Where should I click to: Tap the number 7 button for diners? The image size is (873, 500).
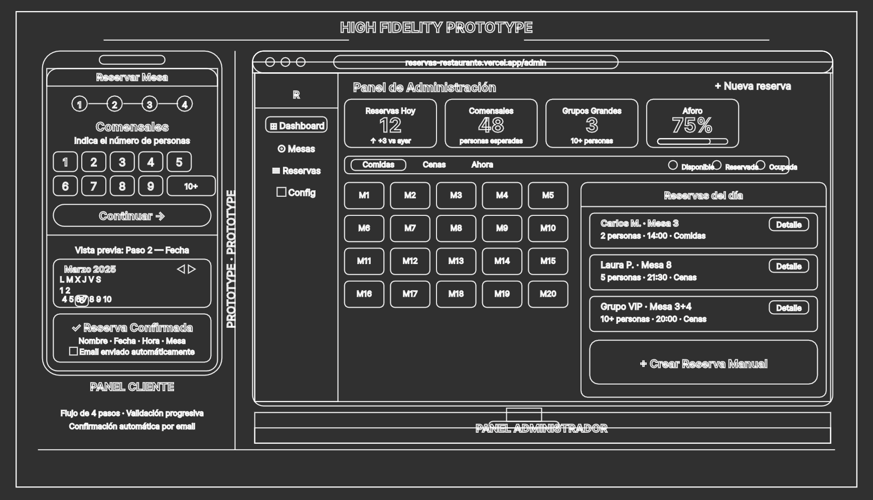click(x=93, y=186)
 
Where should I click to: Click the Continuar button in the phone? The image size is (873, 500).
click(x=132, y=216)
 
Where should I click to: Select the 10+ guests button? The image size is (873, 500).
click(x=191, y=186)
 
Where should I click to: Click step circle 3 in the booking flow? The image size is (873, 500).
click(x=150, y=104)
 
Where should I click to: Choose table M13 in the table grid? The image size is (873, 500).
click(x=456, y=261)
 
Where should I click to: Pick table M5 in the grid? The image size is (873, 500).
click(x=548, y=195)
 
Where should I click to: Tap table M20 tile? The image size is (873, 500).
click(x=548, y=294)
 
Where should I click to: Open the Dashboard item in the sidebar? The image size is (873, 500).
click(x=297, y=126)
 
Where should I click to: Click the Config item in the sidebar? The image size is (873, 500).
click(x=297, y=192)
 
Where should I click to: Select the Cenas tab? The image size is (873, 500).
click(x=434, y=165)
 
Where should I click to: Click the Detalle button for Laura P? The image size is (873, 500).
click(x=789, y=266)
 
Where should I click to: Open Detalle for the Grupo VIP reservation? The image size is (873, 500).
click(x=789, y=308)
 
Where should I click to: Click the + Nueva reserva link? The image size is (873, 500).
click(x=753, y=86)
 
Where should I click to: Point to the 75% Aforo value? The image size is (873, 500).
click(x=692, y=126)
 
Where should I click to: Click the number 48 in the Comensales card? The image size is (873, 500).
click(x=491, y=126)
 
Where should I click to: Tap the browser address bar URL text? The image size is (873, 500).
click(x=476, y=63)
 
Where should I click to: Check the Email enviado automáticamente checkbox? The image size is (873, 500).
click(x=73, y=351)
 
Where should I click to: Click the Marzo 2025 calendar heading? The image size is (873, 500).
click(x=90, y=269)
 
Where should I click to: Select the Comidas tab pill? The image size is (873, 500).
click(x=378, y=165)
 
